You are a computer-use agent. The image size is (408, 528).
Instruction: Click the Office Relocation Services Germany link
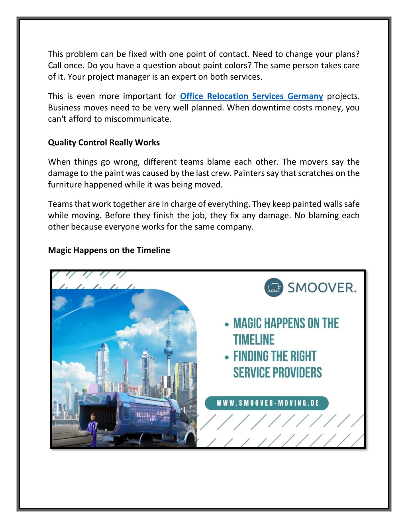tap(251, 96)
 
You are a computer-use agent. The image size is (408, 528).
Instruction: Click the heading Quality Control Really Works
tap(104, 143)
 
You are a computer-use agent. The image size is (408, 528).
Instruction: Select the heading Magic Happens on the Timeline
tap(109, 250)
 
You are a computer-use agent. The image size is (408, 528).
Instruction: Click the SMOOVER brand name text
tap(322, 288)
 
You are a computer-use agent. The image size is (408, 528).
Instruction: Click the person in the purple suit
tap(93, 430)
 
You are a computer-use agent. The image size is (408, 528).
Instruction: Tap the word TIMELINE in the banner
tap(254, 340)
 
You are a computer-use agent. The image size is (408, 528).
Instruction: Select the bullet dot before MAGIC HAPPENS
tap(227, 324)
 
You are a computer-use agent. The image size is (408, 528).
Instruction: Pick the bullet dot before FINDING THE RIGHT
tap(227, 357)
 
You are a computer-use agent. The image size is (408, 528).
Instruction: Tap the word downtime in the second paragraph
tap(278, 108)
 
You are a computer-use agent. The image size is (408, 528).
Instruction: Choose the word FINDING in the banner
tap(251, 356)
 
